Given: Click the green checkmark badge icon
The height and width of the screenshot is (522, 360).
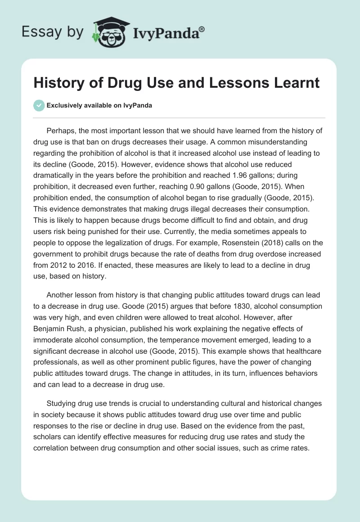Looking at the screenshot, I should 39,105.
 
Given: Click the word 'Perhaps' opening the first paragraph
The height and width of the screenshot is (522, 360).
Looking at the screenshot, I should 60,131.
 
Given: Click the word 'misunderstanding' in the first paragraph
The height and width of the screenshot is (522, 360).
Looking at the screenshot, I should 265,142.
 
